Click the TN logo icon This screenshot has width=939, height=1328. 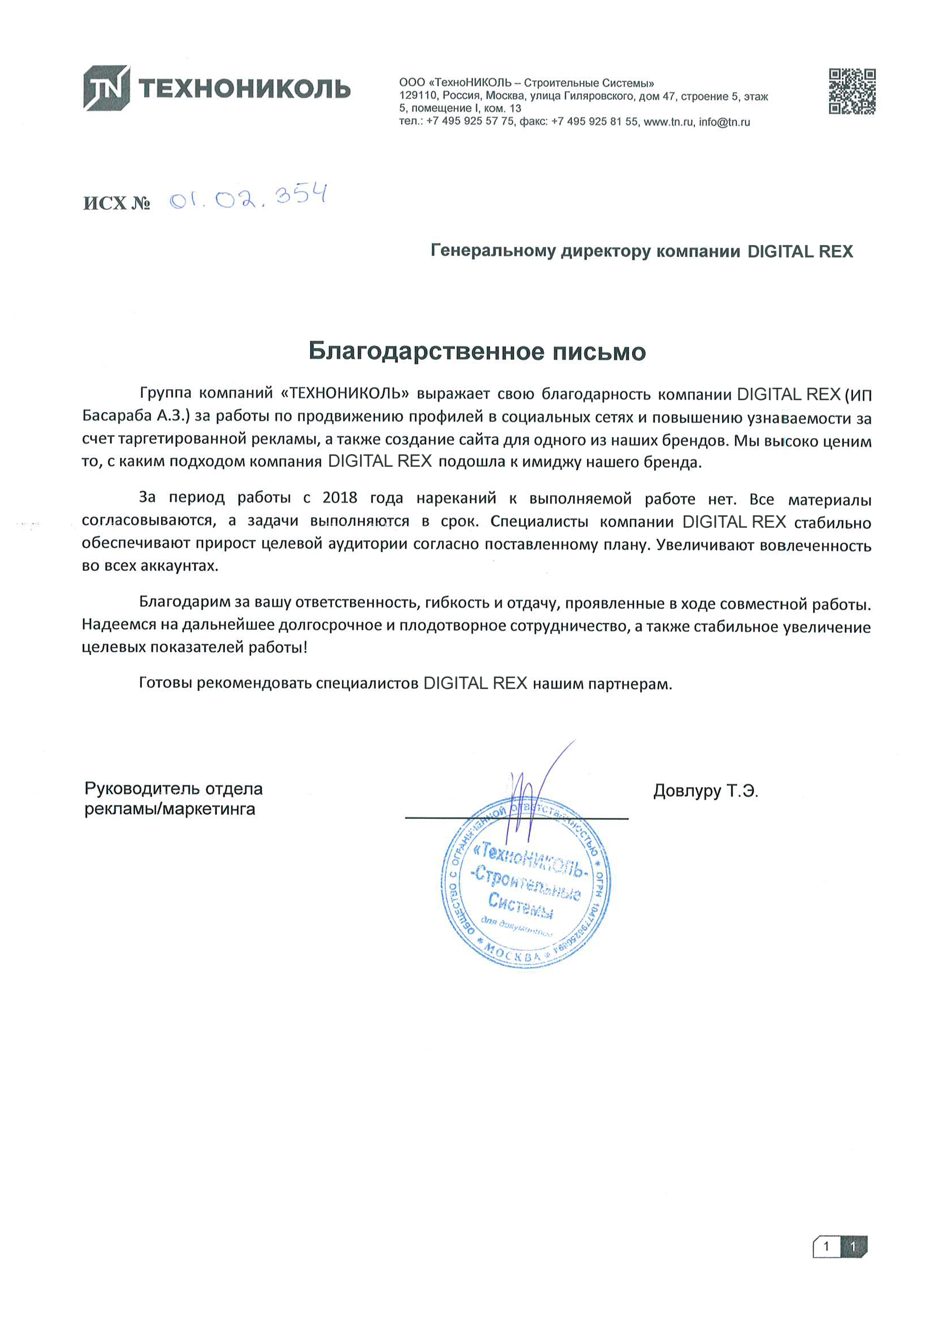(106, 88)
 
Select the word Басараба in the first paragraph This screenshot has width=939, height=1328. (117, 416)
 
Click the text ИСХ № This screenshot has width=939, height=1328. (117, 204)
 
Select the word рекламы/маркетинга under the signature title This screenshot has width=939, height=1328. (170, 809)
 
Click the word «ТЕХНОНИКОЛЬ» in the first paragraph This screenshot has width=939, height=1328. (345, 393)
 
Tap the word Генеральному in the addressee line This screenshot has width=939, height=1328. (493, 251)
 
